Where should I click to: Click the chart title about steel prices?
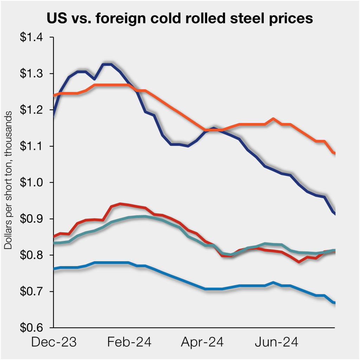[x=180, y=19]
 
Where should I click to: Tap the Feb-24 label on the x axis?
[x=129, y=342]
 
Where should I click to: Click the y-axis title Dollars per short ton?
[x=8, y=180]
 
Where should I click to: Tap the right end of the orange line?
[x=334, y=153]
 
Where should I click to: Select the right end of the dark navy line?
[x=334, y=214]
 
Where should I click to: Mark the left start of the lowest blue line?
[x=54, y=269]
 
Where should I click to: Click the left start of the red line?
[x=54, y=236]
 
